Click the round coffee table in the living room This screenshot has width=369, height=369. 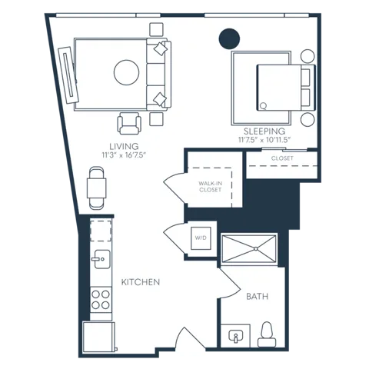tap(127, 72)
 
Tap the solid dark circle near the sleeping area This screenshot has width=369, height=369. tap(229, 38)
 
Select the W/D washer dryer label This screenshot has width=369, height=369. tap(201, 238)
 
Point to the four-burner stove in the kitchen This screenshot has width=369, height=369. tap(101, 300)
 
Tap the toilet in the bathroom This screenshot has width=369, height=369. tap(267, 334)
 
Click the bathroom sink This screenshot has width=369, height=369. tap(235, 337)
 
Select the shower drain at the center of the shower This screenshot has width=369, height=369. tap(256, 248)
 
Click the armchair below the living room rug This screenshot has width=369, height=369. tap(129, 124)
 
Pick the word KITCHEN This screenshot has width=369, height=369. tap(141, 282)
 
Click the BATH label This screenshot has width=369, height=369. tap(257, 297)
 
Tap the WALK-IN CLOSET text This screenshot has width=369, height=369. tap(210, 187)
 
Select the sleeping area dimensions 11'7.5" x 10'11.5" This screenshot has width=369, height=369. tap(265, 140)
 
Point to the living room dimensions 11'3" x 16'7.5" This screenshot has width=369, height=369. tap(124, 155)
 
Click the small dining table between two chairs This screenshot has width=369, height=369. tap(97, 188)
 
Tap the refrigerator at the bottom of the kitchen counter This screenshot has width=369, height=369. tap(98, 337)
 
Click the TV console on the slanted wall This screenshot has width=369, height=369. tap(68, 75)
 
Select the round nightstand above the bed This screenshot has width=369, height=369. tap(307, 56)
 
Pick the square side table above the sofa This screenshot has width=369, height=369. tap(156, 29)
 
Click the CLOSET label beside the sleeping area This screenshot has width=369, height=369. tap(282, 158)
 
